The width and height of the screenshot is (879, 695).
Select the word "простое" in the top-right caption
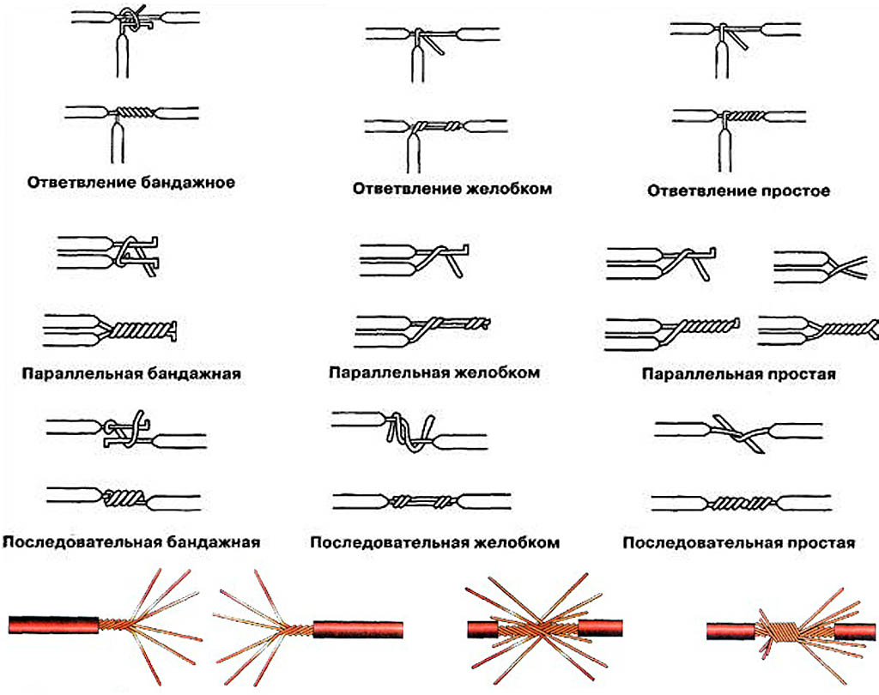[796, 191]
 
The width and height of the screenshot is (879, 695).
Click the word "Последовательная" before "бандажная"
[82, 542]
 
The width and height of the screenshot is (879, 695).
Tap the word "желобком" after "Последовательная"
[512, 543]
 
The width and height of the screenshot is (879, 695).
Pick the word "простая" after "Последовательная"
[820, 543]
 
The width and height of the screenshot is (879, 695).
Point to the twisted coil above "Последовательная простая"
[739, 499]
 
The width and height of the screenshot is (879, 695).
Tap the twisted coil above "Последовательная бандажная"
[125, 497]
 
